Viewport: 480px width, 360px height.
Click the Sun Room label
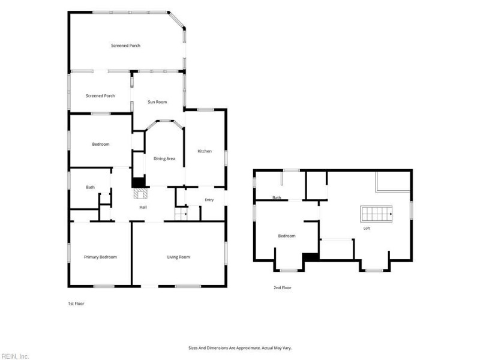coord(157,102)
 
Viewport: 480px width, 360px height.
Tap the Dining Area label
coord(164,158)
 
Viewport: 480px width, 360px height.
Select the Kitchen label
coord(205,151)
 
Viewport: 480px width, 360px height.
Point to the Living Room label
coord(178,257)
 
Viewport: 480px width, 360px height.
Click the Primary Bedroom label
coord(100,257)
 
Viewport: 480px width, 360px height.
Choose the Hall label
coord(143,207)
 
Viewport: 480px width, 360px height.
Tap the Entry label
coord(209,200)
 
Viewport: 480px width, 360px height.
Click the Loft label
coord(367,229)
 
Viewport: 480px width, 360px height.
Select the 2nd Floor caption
coord(283,288)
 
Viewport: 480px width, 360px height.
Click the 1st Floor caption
coord(76,304)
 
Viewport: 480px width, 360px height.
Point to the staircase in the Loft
coord(376,214)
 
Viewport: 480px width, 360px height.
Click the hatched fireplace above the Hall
coord(140,193)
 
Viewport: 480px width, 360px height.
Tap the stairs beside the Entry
coord(181,214)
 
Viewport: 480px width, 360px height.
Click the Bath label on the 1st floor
coord(91,187)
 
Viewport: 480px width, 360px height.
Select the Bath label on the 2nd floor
coord(277,198)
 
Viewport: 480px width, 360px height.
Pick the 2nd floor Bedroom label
coord(287,236)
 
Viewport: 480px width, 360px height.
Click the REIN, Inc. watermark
coord(14,356)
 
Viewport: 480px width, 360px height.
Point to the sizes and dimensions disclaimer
coord(240,348)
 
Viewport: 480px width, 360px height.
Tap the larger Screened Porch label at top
coord(126,46)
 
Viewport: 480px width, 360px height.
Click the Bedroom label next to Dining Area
coord(101,144)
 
